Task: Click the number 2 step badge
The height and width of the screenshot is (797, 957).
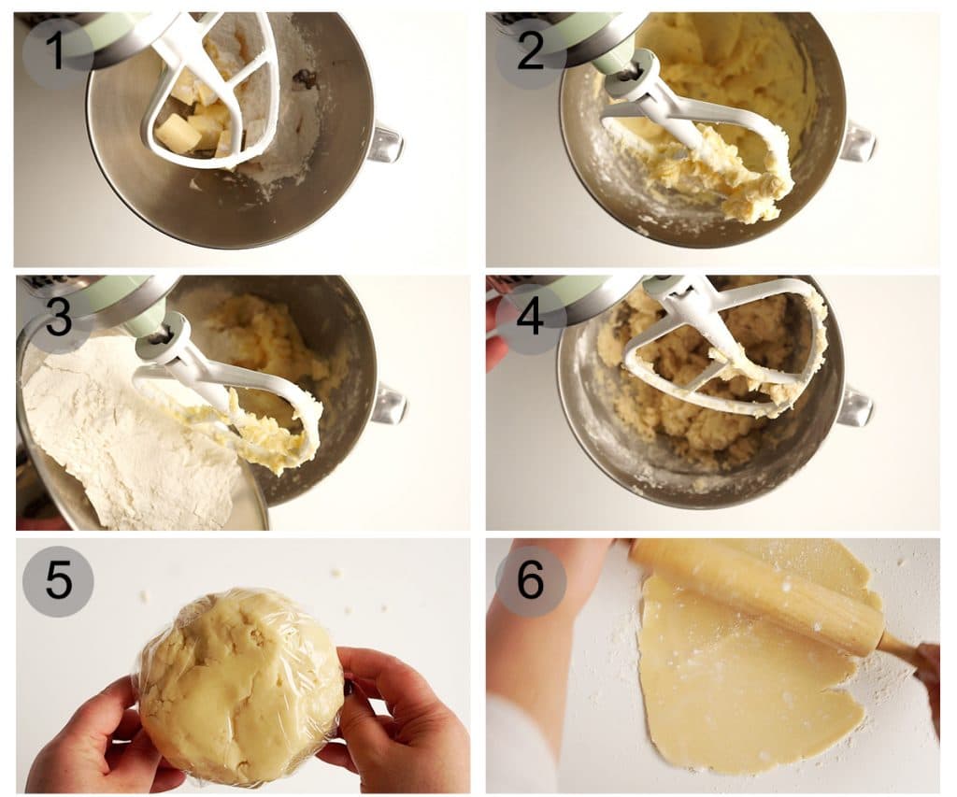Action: (x=530, y=50)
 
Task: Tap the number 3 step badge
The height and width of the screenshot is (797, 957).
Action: (x=57, y=318)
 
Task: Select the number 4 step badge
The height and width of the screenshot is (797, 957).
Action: (x=530, y=318)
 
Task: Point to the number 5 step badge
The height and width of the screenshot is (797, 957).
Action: (x=57, y=581)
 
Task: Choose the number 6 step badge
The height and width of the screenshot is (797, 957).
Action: (x=530, y=581)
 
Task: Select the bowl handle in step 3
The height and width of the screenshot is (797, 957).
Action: (x=388, y=403)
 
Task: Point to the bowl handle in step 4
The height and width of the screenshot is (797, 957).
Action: (x=854, y=406)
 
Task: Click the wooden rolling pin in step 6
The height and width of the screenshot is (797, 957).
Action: (x=757, y=598)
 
